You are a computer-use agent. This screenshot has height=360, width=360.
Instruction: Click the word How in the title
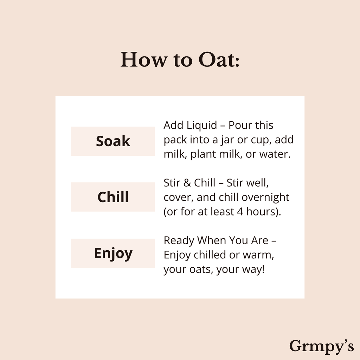pos(144,60)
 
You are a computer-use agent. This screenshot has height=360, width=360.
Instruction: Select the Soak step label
pos(113,141)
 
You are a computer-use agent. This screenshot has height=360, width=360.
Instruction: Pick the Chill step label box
pos(113,197)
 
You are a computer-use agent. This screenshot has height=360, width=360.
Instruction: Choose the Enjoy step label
pos(113,253)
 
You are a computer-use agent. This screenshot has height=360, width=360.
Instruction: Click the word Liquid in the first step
pos(201,126)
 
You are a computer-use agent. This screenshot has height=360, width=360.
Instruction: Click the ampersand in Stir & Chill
pos(187,183)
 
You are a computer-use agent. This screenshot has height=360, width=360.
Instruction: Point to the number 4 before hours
pos(240,212)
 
